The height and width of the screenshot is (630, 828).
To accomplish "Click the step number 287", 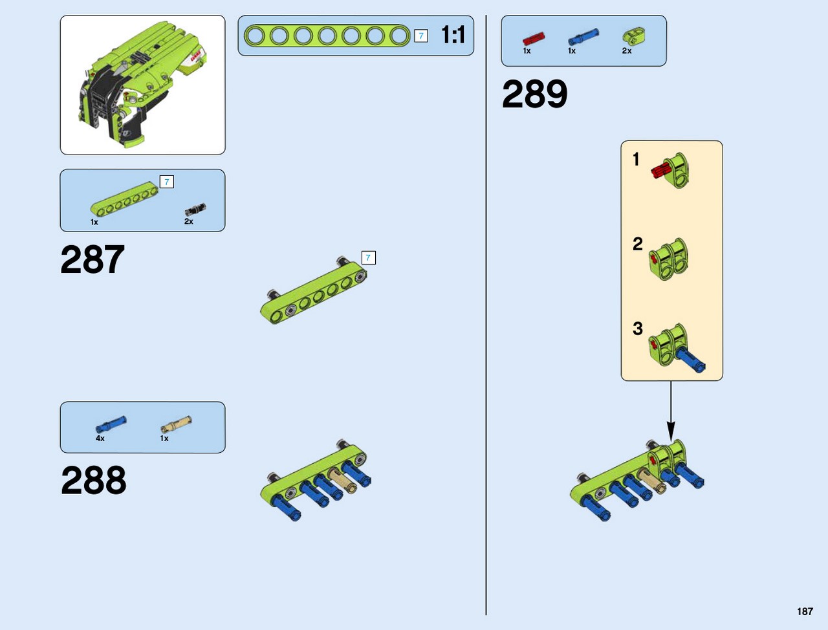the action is (93, 259).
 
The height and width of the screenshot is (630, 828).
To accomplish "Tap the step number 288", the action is (94, 480).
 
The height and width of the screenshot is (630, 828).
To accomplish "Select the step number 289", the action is (534, 94).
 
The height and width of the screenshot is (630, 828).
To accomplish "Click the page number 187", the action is (805, 611).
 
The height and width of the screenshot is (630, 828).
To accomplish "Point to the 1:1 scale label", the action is (453, 35).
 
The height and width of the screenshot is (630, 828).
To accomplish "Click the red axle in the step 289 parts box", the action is (534, 39).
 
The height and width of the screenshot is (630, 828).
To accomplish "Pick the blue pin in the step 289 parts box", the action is (583, 37).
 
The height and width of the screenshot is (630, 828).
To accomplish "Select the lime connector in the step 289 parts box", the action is (633, 34).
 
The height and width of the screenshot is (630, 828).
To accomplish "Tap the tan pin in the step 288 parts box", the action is (176, 424).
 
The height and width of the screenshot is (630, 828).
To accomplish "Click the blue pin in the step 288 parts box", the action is (111, 424).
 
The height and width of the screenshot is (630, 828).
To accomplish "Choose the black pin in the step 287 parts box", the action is (195, 210).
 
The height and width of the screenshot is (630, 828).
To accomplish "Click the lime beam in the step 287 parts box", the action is (124, 199).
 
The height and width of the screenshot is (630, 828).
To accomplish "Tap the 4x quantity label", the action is (100, 438).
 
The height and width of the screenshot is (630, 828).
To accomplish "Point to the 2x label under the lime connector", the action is (627, 50).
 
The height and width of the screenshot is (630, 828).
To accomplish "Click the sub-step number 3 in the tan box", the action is (638, 329).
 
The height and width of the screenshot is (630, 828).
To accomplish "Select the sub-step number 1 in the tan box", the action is (637, 159).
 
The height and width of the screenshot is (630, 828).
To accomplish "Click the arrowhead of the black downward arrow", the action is (671, 431).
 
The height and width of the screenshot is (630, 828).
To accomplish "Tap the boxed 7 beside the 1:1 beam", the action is (421, 36).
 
